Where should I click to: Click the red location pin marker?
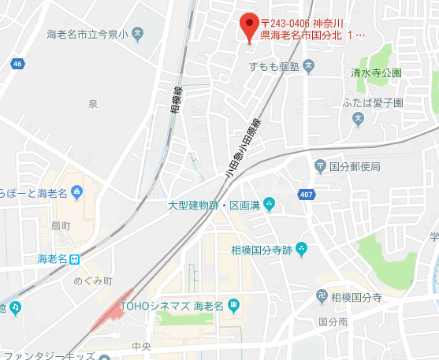pyautogui.click(x=249, y=25)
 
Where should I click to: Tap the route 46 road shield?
pyautogui.click(x=17, y=63)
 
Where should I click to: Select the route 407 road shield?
pyautogui.click(x=306, y=194)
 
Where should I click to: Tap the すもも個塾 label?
pyautogui.click(x=273, y=65)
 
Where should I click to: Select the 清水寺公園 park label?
pyautogui.click(x=376, y=72)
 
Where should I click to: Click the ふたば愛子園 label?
pyautogui.click(x=373, y=103)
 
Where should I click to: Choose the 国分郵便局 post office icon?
pyautogui.click(x=320, y=166)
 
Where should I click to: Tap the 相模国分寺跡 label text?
pyautogui.click(x=261, y=250)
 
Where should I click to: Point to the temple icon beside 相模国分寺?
pyautogui.click(x=321, y=298)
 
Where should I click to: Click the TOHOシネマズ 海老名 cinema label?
pyautogui.click(x=172, y=305)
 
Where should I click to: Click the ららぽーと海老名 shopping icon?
pyautogui.click(x=76, y=191)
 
